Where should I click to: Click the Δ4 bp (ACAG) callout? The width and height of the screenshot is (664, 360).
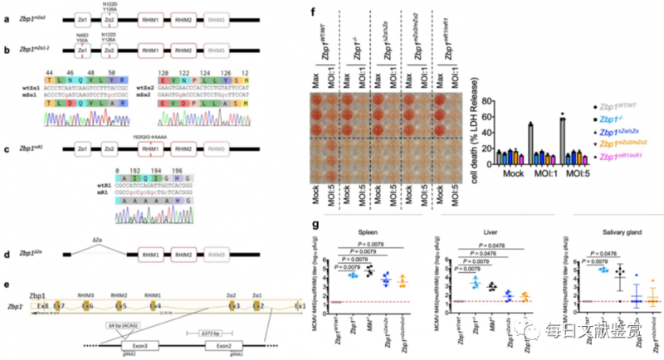(102, 317)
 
